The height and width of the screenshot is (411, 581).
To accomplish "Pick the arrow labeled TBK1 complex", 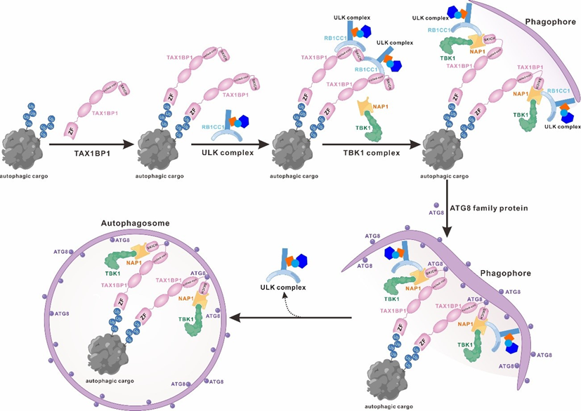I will [367, 144].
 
